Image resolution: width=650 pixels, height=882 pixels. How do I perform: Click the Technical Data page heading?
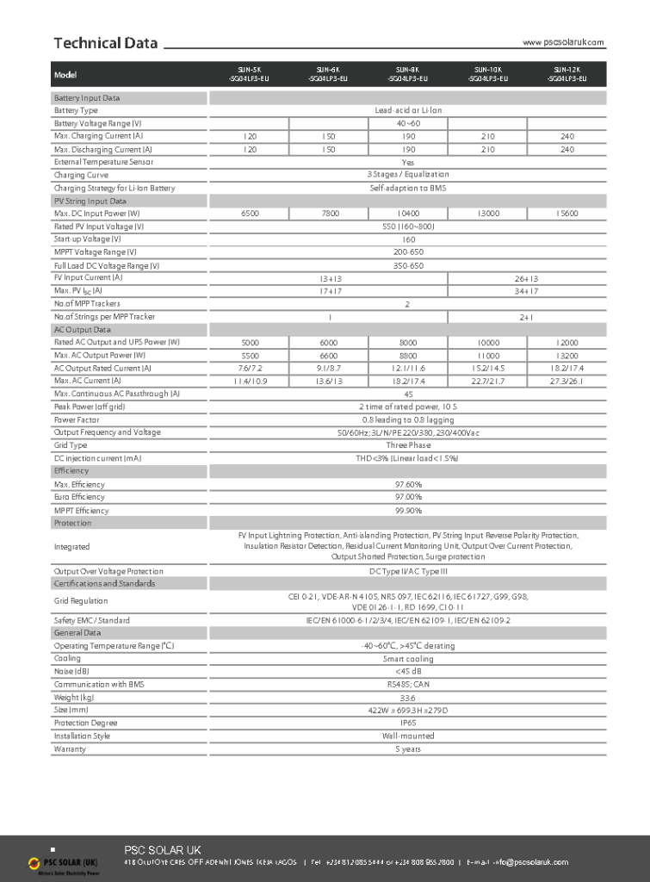pyautogui.click(x=105, y=43)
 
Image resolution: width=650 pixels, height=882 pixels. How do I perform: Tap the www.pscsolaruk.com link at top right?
pyautogui.click(x=564, y=42)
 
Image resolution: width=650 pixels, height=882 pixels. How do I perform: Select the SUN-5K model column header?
pyautogui.click(x=249, y=74)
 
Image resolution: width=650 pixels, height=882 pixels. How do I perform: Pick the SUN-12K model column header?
pyautogui.click(x=566, y=74)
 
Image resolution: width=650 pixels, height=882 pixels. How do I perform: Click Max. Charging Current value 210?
pyautogui.click(x=487, y=136)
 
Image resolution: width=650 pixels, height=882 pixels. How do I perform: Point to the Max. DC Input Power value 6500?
pyautogui.click(x=250, y=214)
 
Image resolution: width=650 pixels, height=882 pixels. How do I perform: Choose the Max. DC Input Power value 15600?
pyautogui.click(x=566, y=214)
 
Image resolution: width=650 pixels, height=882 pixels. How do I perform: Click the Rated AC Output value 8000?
pyautogui.click(x=408, y=343)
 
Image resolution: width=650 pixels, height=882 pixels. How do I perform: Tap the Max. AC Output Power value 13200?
pyautogui.click(x=566, y=355)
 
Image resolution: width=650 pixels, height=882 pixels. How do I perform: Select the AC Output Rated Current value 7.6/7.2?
pyautogui.click(x=250, y=368)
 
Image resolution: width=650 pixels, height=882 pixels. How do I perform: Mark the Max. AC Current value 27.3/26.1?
pyautogui.click(x=566, y=381)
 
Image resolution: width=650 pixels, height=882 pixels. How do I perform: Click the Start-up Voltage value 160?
pyautogui.click(x=408, y=239)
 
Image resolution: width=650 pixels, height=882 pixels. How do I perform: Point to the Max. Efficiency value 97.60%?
pyautogui.click(x=408, y=484)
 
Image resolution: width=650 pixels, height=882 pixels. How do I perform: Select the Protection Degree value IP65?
pyautogui.click(x=408, y=724)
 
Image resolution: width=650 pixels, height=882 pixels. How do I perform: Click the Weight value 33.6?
pyautogui.click(x=408, y=698)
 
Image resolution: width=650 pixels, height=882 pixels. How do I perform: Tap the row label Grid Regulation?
pyautogui.click(x=81, y=601)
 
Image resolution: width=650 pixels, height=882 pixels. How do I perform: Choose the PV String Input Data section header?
pyautogui.click(x=90, y=201)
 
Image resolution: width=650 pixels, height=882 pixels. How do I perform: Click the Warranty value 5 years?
pyautogui.click(x=408, y=749)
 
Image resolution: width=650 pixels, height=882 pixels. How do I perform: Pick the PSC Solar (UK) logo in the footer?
pyautogui.click(x=63, y=862)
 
